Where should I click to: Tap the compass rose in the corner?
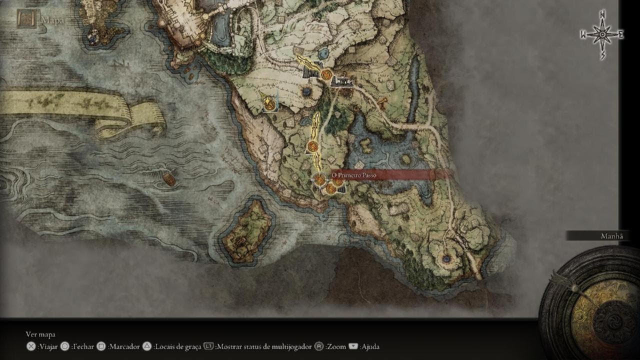pyautogui.click(x=602, y=34)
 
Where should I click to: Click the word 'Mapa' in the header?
pyautogui.click(x=52, y=20)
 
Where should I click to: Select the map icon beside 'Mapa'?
pyautogui.click(x=25, y=19)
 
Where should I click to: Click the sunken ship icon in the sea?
pyautogui.click(x=169, y=179)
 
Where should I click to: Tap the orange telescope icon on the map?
pyautogui.click(x=383, y=103)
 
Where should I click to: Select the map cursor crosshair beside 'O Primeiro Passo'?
pyautogui.click(x=319, y=179)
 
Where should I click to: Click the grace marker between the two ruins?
pyautogui.click(x=326, y=75)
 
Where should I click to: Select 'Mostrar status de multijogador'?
pyautogui.click(x=263, y=346)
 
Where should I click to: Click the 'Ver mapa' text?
pyautogui.click(x=40, y=334)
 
